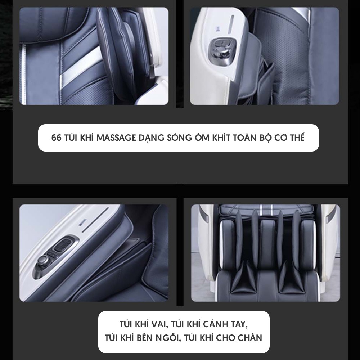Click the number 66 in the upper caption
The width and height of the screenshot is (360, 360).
57,138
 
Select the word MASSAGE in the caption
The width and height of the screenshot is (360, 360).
116,138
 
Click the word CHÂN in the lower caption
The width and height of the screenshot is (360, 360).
250,338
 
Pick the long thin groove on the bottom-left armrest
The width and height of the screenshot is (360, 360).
95,220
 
